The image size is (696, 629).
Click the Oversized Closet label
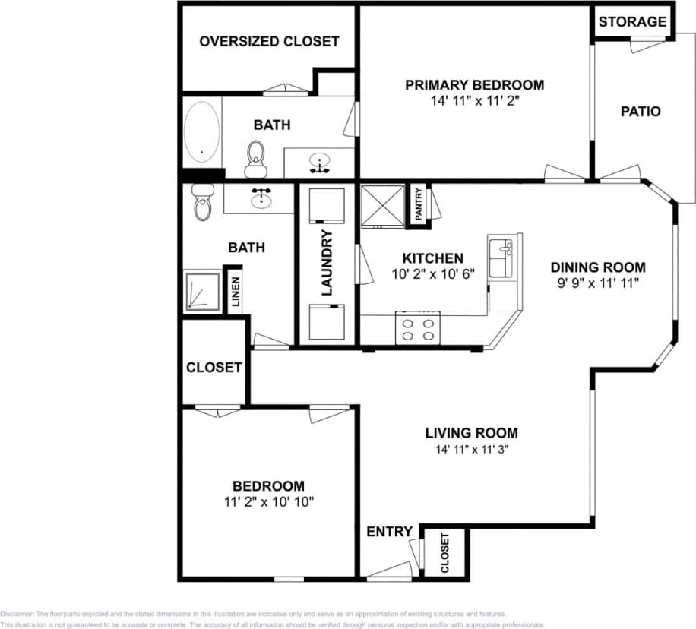269,41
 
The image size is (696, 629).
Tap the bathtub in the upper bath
202,132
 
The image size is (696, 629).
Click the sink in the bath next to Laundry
262,198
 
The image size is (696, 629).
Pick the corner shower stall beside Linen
201,290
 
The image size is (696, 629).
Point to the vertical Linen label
236,290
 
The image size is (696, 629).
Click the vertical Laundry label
327,262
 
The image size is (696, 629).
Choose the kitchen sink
501,258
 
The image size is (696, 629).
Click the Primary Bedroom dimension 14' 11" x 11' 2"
474,100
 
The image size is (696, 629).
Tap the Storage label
632,22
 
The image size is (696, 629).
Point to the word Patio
641,112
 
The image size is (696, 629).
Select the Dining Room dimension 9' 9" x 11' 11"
598,283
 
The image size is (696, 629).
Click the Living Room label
471,433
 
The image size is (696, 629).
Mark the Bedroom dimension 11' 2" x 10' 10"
268,501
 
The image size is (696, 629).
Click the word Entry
389,532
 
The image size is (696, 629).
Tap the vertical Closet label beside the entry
445,553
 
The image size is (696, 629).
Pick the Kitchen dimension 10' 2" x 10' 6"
433,274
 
